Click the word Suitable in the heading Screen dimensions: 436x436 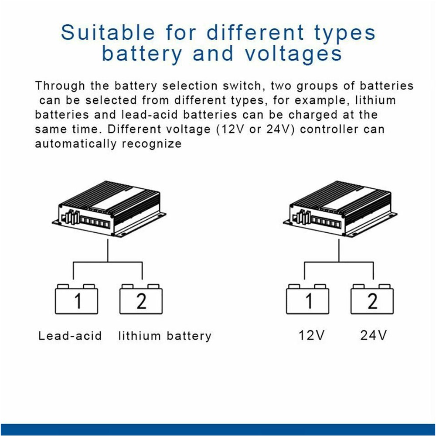click(x=108, y=32)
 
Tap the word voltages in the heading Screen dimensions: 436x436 click(x=293, y=53)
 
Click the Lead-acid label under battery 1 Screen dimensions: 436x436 click(x=70, y=336)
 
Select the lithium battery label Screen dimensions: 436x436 click(x=165, y=336)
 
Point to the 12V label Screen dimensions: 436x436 click(x=311, y=335)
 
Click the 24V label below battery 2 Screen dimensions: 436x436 click(x=374, y=335)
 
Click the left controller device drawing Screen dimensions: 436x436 click(x=109, y=209)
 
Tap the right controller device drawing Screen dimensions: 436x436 click(x=340, y=209)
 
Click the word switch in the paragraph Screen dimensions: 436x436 click(x=242, y=86)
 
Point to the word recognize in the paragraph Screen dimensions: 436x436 click(x=152, y=144)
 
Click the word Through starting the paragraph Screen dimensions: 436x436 click(x=60, y=86)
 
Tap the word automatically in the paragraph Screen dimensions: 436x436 click(x=75, y=144)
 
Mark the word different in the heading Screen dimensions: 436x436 click(x=255, y=32)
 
